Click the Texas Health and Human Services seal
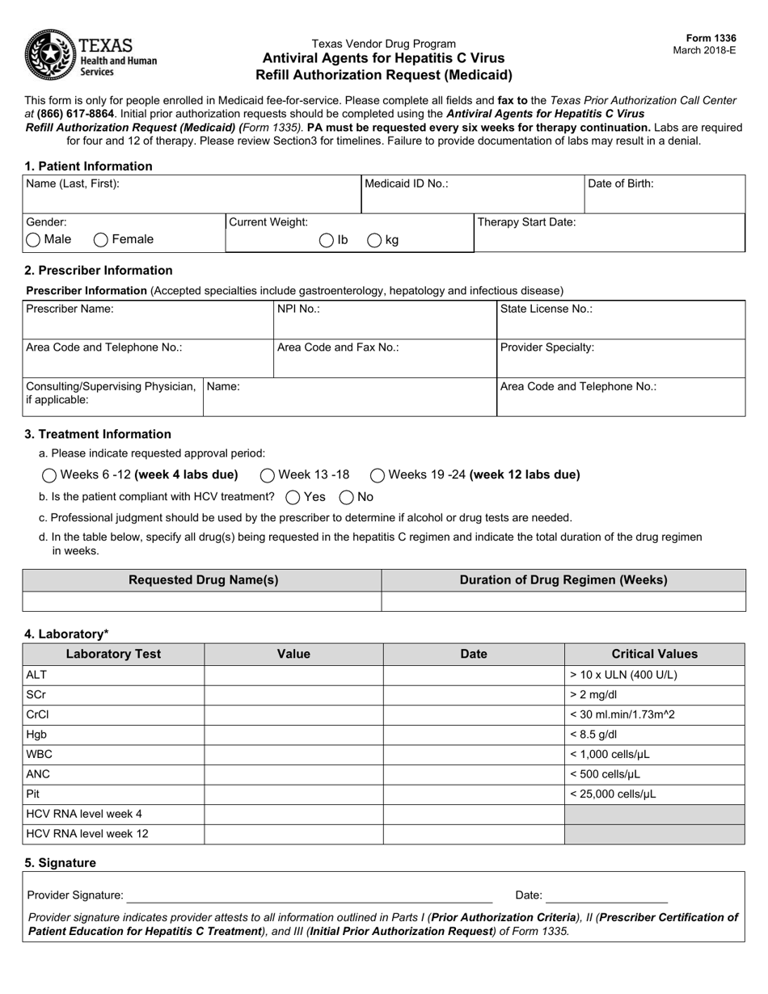point(50,55)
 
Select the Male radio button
point(33,239)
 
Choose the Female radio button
point(101,239)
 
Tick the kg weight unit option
point(375,240)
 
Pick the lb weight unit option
point(327,240)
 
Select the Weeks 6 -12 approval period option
point(49,475)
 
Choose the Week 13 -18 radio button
point(267,475)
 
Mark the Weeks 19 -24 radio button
point(378,475)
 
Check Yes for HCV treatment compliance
point(293,497)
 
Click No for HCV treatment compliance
point(347,497)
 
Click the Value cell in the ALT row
point(293,675)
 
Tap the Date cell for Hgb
point(473,735)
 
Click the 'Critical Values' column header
point(654,654)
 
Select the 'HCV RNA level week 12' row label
point(87,834)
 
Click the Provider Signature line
point(310,895)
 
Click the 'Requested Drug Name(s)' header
point(203,580)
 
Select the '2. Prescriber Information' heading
point(99,271)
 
